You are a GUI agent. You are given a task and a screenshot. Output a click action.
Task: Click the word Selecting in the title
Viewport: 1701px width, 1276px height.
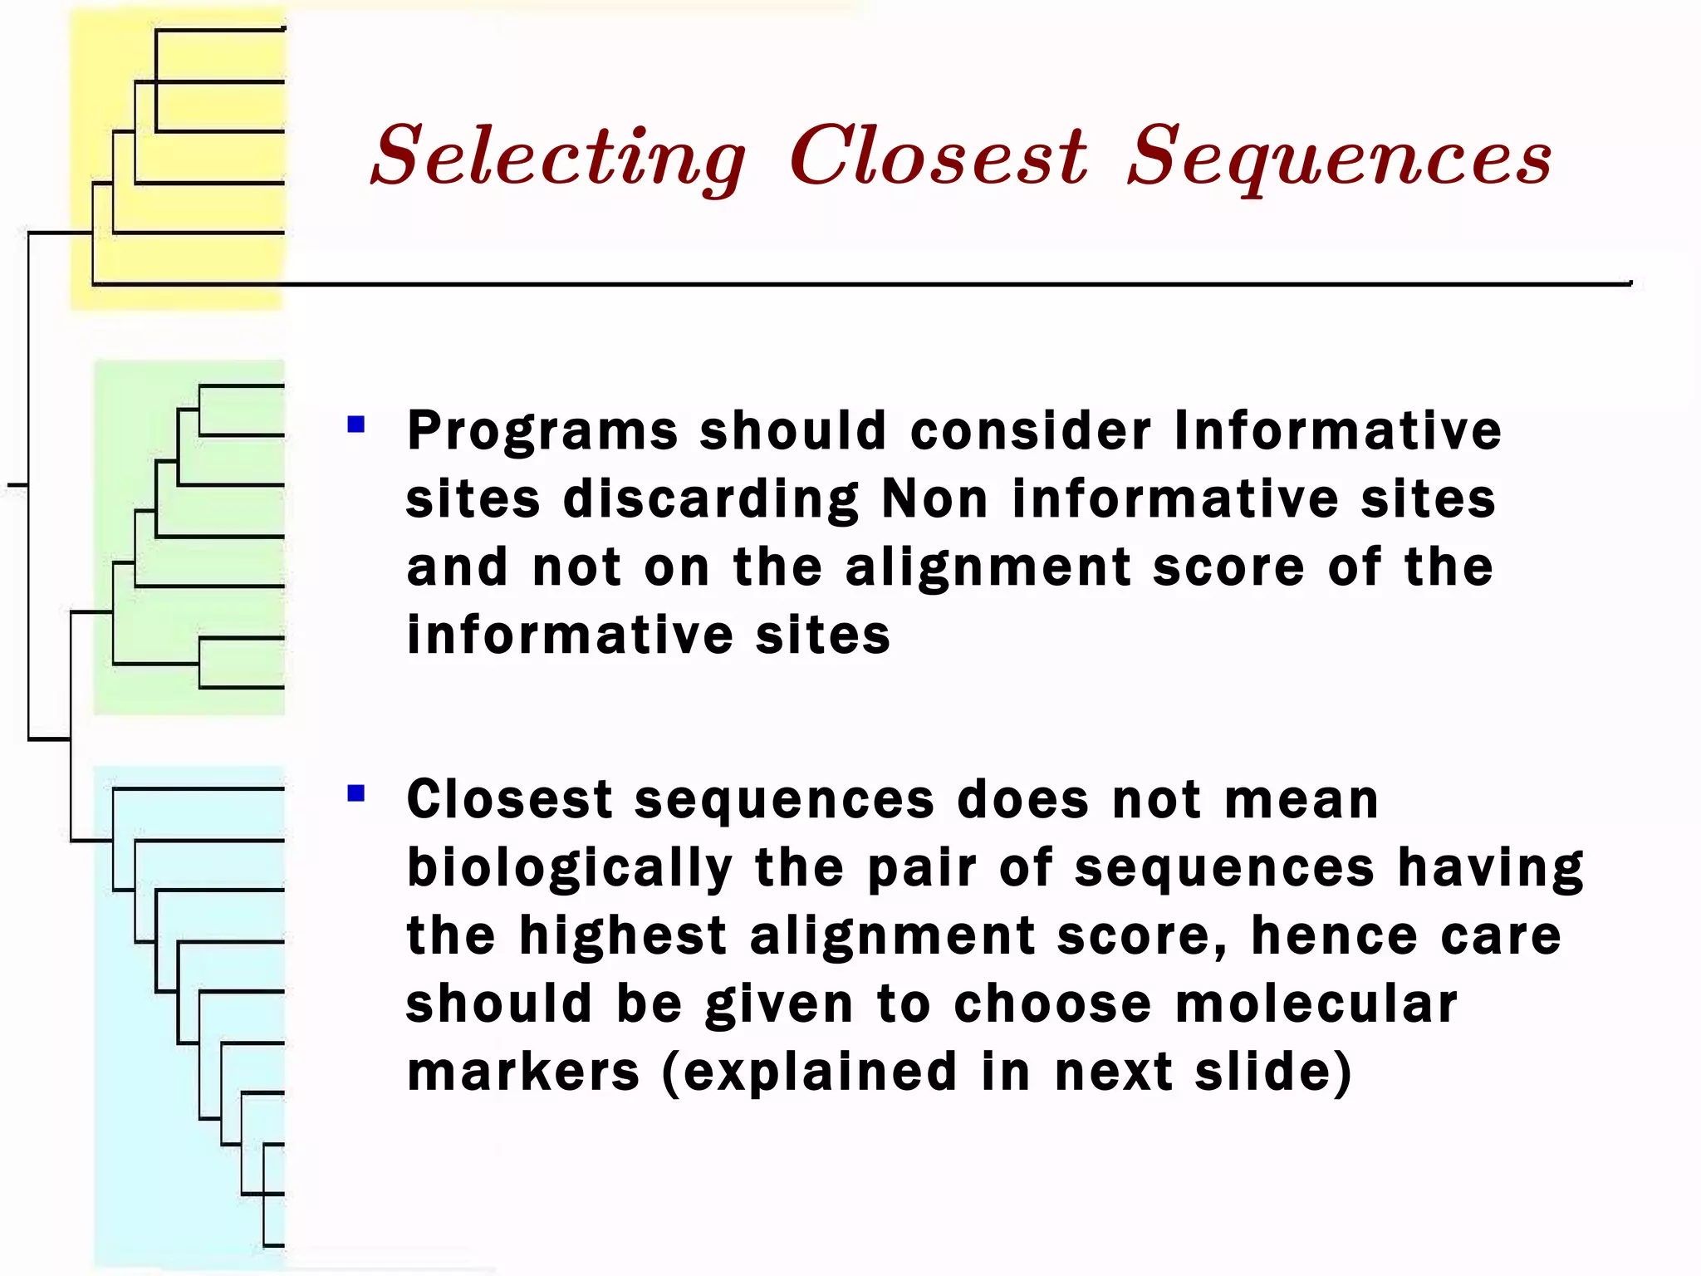[x=558, y=158]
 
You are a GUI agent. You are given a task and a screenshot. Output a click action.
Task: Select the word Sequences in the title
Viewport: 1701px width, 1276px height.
[x=1339, y=158]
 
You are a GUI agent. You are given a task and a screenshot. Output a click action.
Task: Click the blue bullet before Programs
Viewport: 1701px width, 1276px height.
[x=356, y=425]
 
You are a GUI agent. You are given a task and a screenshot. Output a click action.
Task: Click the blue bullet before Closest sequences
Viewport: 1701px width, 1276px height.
[x=356, y=794]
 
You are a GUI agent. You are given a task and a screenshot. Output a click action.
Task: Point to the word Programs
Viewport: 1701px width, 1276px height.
[x=542, y=432]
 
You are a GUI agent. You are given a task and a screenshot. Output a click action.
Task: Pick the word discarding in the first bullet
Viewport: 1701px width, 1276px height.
[x=711, y=500]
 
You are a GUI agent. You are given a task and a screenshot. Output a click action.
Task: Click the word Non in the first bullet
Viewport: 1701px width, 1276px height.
[x=934, y=500]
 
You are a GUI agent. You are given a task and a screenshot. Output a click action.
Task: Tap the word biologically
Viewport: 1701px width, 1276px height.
[x=570, y=869]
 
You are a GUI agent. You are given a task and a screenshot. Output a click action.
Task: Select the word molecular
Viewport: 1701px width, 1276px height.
[x=1316, y=1004]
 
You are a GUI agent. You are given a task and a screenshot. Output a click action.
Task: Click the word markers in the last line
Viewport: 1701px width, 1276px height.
[x=523, y=1072]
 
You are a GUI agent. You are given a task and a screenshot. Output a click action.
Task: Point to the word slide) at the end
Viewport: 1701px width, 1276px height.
[x=1273, y=1072]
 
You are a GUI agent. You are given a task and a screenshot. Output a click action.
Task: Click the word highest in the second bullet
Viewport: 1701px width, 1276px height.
[x=623, y=937]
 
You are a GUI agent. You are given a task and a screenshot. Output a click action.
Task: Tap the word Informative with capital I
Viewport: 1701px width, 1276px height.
[x=1337, y=432]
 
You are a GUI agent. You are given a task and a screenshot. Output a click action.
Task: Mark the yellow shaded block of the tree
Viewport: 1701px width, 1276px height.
[x=179, y=158]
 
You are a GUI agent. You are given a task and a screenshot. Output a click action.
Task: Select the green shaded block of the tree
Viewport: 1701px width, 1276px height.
[x=189, y=537]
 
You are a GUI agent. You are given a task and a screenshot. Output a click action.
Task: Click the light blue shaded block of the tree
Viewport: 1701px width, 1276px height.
[x=189, y=1013]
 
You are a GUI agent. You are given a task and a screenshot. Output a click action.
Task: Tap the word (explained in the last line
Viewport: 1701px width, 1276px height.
[x=810, y=1072]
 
